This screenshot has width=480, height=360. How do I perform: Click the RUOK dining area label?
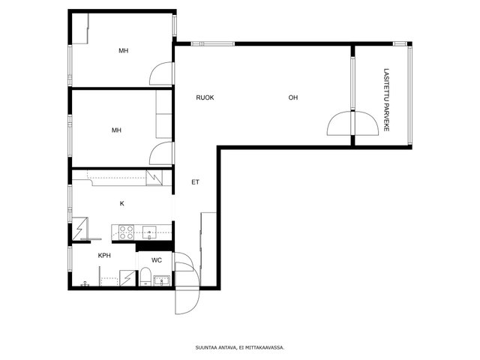tap(205, 97)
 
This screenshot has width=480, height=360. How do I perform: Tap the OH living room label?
tap(293, 97)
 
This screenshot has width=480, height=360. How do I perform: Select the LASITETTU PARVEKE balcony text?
tap(386, 100)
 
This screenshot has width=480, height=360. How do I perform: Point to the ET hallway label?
tap(195, 182)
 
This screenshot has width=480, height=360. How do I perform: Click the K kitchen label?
tap(121, 203)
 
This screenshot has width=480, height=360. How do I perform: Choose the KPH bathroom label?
tap(104, 256)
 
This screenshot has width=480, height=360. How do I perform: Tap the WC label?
tap(157, 260)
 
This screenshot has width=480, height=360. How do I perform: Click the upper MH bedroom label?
tap(123, 51)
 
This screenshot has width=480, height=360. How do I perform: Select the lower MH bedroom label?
tap(116, 130)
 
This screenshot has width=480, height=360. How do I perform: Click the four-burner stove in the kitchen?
tap(126, 232)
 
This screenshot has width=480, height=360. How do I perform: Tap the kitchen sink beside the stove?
tap(149, 232)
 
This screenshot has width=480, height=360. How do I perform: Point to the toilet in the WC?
tap(145, 277)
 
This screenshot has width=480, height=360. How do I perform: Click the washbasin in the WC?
tap(161, 280)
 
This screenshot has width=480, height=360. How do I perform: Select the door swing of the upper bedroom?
tap(161, 73)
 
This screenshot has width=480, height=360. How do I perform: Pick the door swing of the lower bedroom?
tap(161, 153)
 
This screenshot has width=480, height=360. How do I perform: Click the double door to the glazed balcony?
tap(353, 123)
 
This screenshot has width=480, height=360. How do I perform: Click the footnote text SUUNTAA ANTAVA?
tap(216, 348)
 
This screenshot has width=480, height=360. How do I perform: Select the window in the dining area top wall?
tap(213, 43)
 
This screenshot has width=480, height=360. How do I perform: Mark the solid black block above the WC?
tap(154, 247)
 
